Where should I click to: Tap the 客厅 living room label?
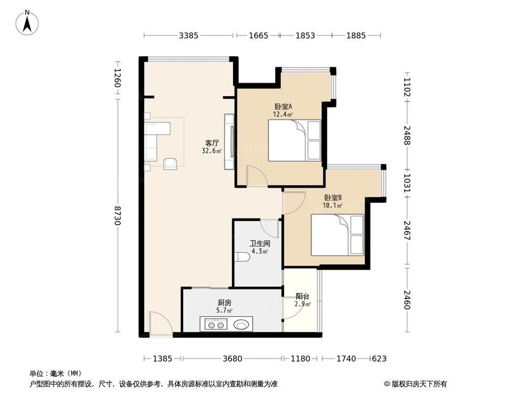[212, 142]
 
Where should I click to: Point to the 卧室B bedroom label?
[333, 198]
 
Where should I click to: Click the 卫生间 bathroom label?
[259, 243]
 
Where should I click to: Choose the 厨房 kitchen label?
[224, 303]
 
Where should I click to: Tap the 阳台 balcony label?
[302, 295]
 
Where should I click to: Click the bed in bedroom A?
[294, 140]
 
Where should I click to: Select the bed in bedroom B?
[337, 235]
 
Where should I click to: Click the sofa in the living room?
[152, 141]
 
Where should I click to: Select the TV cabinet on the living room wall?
[229, 142]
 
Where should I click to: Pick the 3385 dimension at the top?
[188, 36]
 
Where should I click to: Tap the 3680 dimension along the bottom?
[232, 359]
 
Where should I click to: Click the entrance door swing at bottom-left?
[160, 323]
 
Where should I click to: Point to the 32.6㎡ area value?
[212, 151]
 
